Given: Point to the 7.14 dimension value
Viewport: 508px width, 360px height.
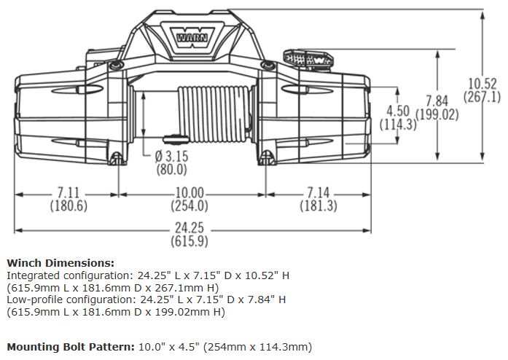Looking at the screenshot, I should pyautogui.click(x=319, y=193).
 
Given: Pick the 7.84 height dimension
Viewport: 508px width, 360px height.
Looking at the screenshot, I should pyautogui.click(x=437, y=101).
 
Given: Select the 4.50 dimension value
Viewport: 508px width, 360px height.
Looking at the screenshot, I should pyautogui.click(x=398, y=111).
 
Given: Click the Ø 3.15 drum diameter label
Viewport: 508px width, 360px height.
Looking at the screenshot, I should pyautogui.click(x=171, y=157).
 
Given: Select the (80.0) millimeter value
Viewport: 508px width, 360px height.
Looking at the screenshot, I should pyautogui.click(x=172, y=170).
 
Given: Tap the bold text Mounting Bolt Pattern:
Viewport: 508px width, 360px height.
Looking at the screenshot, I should pyautogui.click(x=69, y=346).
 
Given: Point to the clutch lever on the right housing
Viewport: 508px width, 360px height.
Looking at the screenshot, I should pyautogui.click(x=306, y=58).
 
